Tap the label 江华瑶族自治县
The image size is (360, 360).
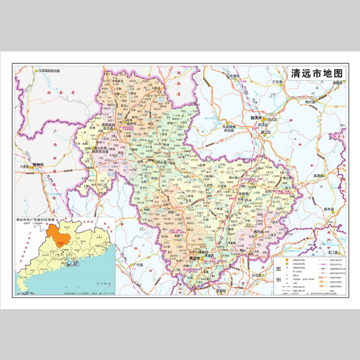tap(52, 71)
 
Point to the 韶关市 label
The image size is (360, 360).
tap(257, 118)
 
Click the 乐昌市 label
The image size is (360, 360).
tap(234, 76)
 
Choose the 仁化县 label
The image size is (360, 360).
tap(278, 82)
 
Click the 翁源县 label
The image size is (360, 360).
tap(320, 176)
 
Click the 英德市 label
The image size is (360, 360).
tap(244, 193)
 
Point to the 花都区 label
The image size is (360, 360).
tap(220, 291)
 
